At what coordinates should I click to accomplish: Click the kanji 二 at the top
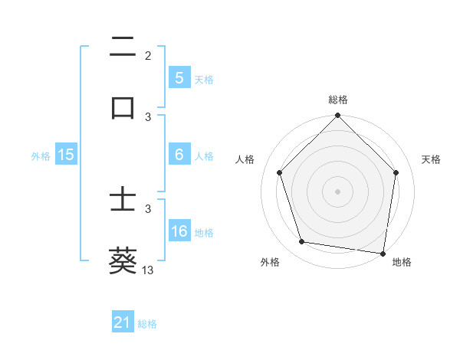click(x=123, y=48)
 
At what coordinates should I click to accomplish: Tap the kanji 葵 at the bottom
click(x=123, y=260)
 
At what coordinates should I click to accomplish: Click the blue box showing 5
click(x=179, y=78)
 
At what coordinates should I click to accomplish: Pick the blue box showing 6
click(x=179, y=155)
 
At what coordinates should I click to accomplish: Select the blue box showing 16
click(x=179, y=231)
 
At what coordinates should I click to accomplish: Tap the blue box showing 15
click(x=66, y=155)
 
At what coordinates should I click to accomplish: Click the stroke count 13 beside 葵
click(x=148, y=270)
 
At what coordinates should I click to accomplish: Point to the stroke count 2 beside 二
click(x=148, y=55)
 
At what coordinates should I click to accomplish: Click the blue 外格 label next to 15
click(x=41, y=155)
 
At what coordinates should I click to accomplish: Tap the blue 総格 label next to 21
click(x=147, y=324)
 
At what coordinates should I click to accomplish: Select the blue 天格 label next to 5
click(x=204, y=79)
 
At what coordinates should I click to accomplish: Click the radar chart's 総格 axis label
click(x=338, y=100)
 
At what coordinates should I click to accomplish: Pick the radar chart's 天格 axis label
click(x=432, y=159)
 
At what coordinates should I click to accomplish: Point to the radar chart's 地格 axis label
click(x=402, y=262)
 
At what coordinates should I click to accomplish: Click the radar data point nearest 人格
click(x=279, y=172)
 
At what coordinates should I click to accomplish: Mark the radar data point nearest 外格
click(x=302, y=242)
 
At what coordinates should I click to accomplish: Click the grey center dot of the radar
click(x=338, y=191)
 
